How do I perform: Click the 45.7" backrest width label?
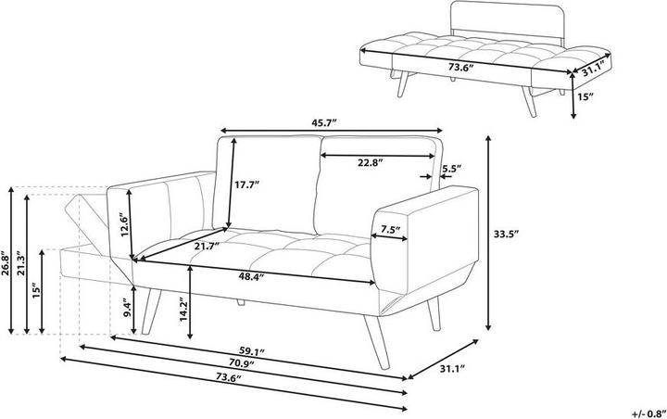(324, 123)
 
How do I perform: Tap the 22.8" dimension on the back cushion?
(370, 162)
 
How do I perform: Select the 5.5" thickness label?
(451, 169)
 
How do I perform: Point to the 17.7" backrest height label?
(246, 184)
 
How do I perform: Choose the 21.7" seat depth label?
(208, 246)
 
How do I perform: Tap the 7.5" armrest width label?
(391, 230)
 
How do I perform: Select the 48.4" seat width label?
(251, 277)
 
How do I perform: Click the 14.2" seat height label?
(182, 310)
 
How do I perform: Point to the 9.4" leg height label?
(128, 309)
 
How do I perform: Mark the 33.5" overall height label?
(506, 234)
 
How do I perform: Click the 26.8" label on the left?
(6, 263)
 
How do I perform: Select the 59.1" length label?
(251, 352)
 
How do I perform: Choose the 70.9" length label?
(241, 363)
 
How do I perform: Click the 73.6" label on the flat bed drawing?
(461, 67)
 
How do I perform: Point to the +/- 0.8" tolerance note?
(648, 413)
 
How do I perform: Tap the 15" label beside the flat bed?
(585, 96)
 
